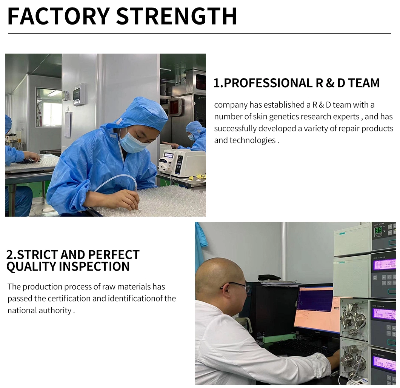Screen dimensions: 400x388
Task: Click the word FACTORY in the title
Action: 58,16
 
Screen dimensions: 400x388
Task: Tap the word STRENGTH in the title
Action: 177,16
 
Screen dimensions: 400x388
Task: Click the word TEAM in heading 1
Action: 364,83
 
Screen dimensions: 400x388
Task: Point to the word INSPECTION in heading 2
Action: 94,266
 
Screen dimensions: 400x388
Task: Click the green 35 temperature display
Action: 378,230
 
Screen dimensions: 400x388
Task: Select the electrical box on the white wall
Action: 78,94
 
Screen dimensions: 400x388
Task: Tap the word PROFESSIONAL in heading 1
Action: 268,83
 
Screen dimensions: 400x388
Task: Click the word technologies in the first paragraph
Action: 252,140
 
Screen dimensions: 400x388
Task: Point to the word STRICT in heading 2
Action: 37,255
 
